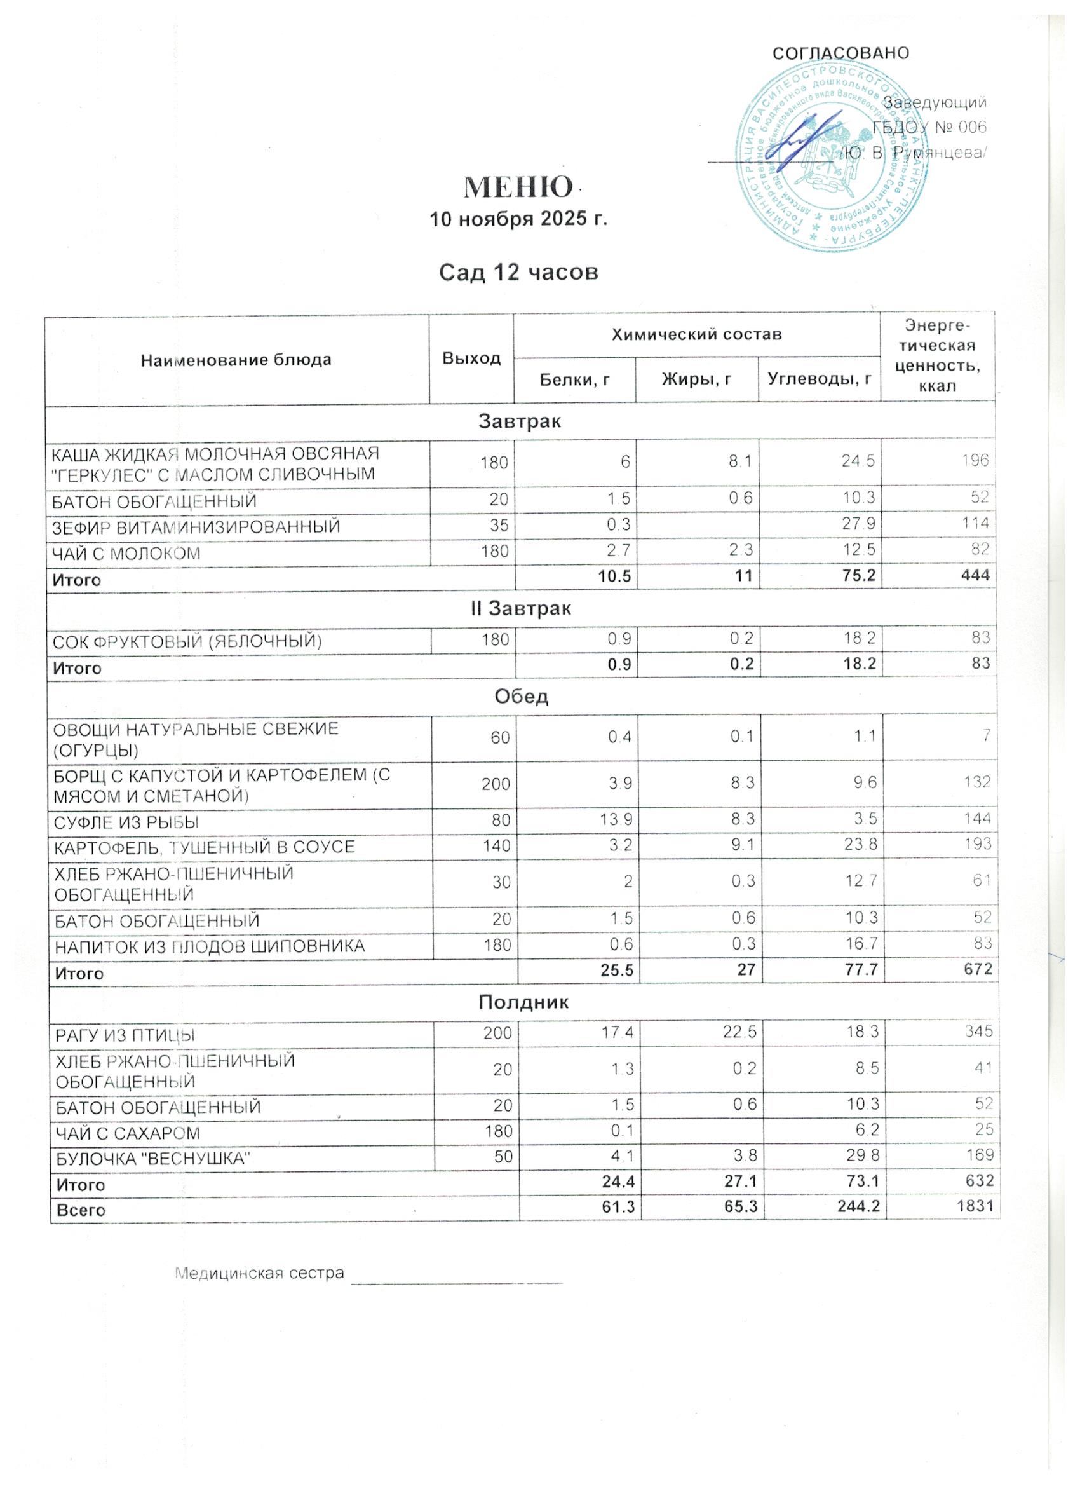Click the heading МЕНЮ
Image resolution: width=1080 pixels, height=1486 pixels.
click(x=517, y=187)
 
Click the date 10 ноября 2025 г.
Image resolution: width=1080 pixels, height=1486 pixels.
click(x=518, y=219)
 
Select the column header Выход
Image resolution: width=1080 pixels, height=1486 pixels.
click(x=471, y=358)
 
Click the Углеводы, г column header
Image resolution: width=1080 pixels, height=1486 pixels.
click(x=820, y=379)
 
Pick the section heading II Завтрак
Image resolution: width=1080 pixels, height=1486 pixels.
click(x=521, y=609)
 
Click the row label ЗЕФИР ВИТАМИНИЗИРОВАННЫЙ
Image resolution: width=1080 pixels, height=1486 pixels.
click(x=196, y=527)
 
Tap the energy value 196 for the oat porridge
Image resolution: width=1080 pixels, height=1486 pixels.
click(x=975, y=461)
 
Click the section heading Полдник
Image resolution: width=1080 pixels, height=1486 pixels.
click(x=523, y=1002)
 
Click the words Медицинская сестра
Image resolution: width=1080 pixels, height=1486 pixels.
click(x=259, y=1273)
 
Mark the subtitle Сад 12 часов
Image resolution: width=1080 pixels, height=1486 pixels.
click(x=518, y=272)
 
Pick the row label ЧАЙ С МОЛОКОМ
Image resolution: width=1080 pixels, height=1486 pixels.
click(x=126, y=554)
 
